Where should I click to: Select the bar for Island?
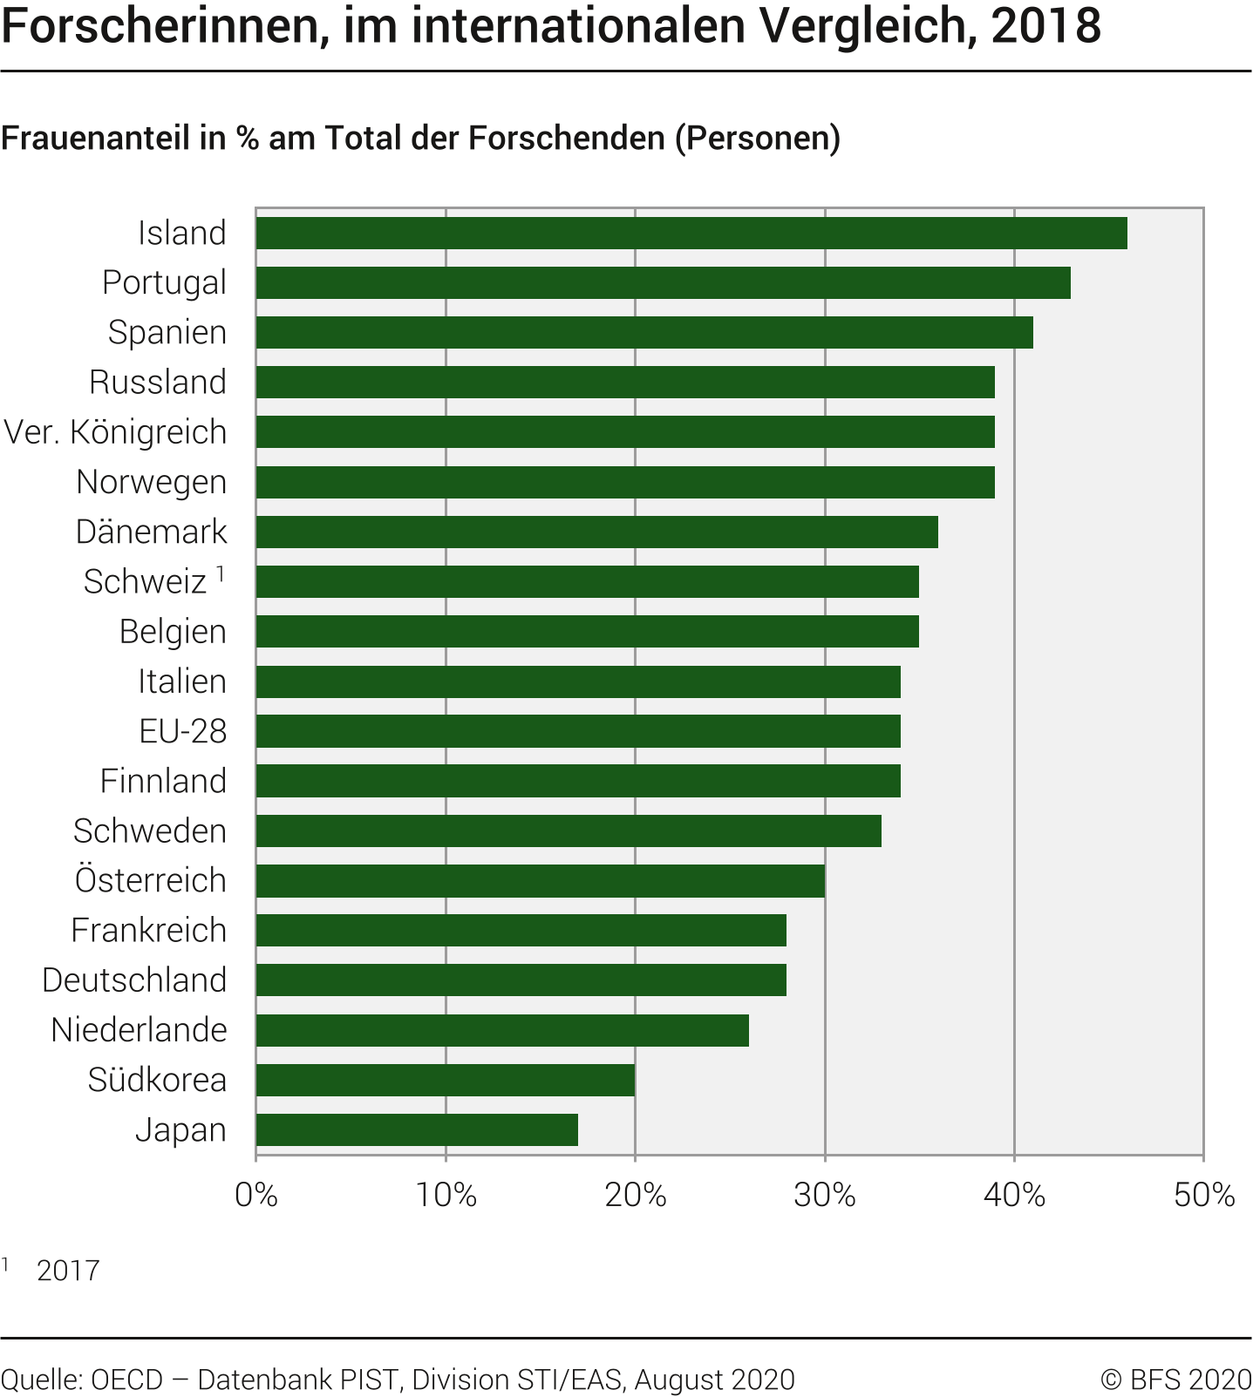point(691,234)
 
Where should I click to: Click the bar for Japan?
point(417,1130)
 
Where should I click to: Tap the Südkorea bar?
point(445,1081)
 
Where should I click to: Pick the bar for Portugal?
point(663,283)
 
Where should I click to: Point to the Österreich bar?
point(540,881)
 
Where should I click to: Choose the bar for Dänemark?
point(596,532)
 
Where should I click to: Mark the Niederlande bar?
point(502,1031)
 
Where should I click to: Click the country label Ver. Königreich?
point(115,432)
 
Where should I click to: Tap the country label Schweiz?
point(145,582)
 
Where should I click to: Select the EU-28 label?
point(182,731)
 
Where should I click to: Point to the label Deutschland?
point(134,980)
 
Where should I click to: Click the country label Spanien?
point(167,333)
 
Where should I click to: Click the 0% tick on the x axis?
point(256,1195)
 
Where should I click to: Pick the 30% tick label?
point(824,1195)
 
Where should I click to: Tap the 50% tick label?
point(1203,1195)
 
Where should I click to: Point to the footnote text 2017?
point(68,1271)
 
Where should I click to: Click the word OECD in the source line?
point(127,1380)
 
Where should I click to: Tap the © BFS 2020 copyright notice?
point(1175,1380)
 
